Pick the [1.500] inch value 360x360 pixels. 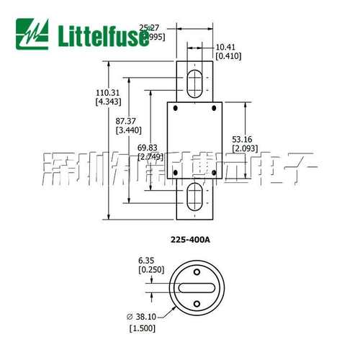pyautogui.click(x=143, y=329)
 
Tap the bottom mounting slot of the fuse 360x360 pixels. pyautogui.click(x=194, y=199)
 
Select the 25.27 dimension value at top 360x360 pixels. pyautogui.click(x=148, y=27)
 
